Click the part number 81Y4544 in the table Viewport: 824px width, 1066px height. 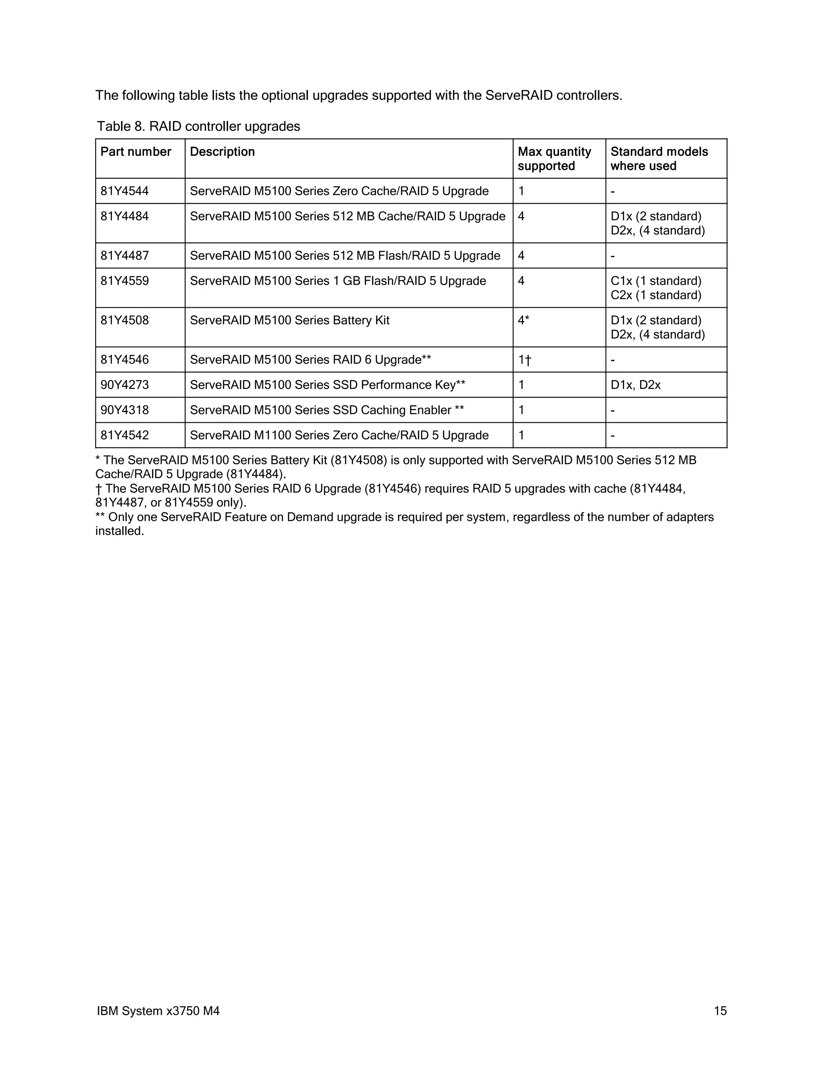(124, 191)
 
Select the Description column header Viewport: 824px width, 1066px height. (222, 152)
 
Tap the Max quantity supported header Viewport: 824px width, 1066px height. (554, 158)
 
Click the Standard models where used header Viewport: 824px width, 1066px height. (659, 158)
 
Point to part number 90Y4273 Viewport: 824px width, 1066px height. (124, 385)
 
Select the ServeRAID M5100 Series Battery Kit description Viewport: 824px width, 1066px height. (289, 320)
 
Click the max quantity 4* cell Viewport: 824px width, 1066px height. (523, 320)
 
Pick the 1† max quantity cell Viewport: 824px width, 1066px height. (524, 360)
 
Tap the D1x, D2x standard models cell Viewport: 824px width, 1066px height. (635, 385)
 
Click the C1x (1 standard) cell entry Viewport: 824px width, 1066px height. (655, 281)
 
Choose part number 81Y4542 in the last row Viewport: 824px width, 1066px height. (124, 435)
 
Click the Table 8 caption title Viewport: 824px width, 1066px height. (198, 126)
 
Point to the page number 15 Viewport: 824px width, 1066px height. (720, 1011)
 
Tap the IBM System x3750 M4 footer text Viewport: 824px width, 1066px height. (158, 1011)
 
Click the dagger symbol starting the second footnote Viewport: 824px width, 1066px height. (99, 489)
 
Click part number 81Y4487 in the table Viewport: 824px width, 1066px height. (124, 256)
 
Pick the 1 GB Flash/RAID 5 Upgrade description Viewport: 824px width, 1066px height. (338, 281)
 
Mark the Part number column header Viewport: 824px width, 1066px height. (136, 152)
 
